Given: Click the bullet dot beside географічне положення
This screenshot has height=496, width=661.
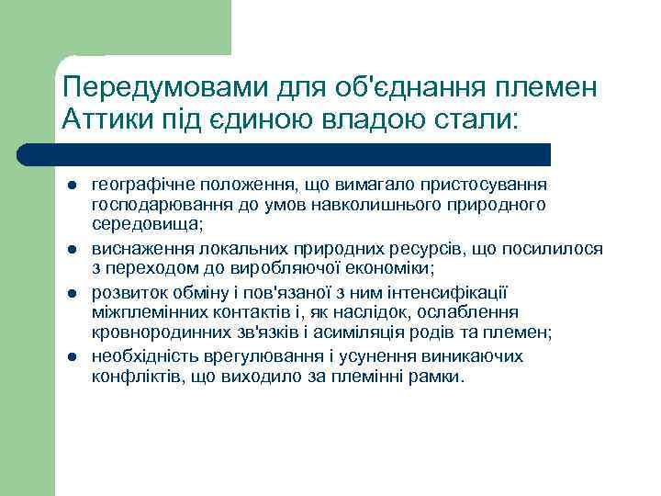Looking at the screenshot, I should point(70,186).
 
